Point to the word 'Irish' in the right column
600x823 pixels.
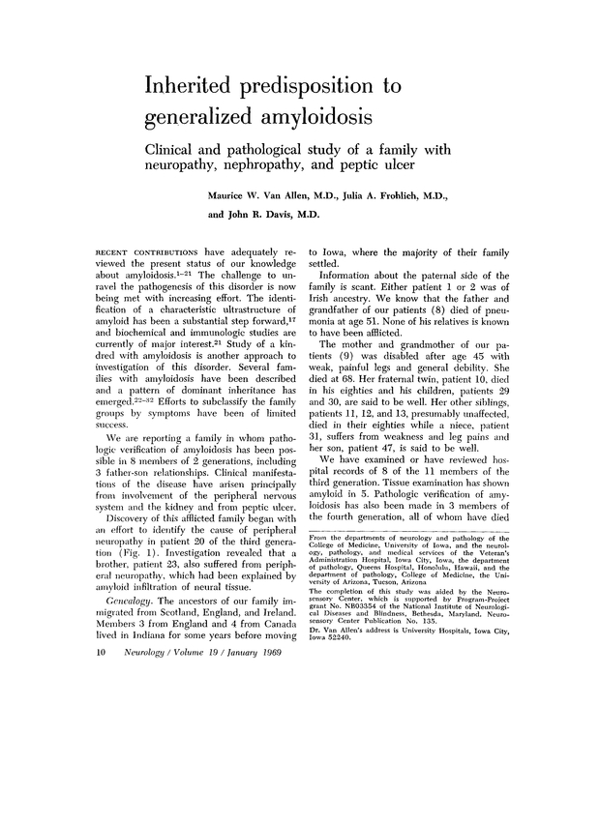321,307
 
